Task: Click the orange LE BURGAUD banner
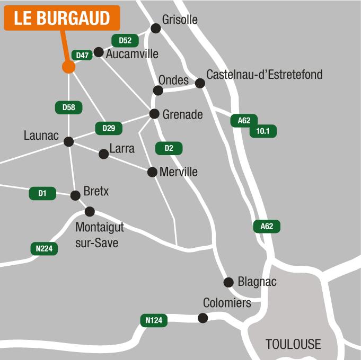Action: (x=62, y=18)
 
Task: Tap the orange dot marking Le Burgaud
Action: (x=68, y=67)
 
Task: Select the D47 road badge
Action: (x=82, y=55)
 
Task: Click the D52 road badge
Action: (x=125, y=40)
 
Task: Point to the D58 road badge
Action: (x=69, y=107)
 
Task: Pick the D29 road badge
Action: (x=109, y=128)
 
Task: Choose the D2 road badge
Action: (x=169, y=148)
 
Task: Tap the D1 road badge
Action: (x=42, y=194)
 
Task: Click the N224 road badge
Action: (x=44, y=249)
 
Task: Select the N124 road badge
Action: (x=154, y=320)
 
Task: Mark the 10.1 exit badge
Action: (x=263, y=131)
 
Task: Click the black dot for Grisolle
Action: (x=155, y=28)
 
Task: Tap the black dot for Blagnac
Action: (x=228, y=282)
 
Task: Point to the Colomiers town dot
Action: (x=202, y=318)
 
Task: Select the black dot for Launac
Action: (x=68, y=141)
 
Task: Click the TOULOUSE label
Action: (x=293, y=344)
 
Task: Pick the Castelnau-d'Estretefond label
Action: (x=264, y=75)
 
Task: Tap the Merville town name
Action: (x=178, y=172)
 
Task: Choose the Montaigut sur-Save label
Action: (x=99, y=235)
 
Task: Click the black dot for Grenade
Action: (x=154, y=114)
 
